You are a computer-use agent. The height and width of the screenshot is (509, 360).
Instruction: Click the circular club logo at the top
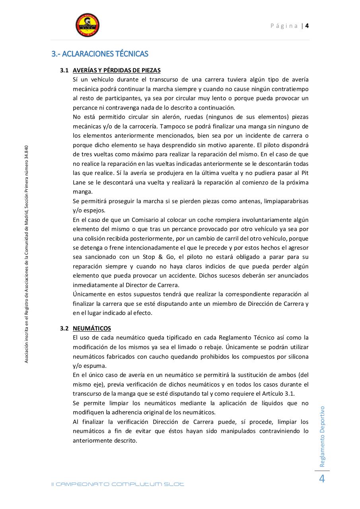point(88,25)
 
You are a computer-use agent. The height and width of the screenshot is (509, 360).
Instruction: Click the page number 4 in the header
point(307,26)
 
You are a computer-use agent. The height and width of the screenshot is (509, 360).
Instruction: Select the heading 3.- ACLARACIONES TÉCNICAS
point(100,54)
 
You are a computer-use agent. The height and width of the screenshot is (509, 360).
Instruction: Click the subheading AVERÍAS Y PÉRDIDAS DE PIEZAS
point(117,70)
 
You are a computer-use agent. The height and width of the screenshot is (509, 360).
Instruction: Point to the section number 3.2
point(64,328)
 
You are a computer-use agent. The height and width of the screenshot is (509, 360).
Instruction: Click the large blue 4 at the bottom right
point(322,479)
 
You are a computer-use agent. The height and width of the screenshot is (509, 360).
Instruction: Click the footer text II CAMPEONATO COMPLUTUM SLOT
point(118,484)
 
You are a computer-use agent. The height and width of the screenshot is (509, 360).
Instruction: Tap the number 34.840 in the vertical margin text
point(26,153)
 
